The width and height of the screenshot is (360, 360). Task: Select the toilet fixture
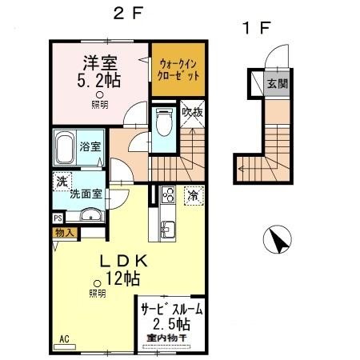pos(165,123)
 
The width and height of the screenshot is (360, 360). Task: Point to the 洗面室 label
pos(84,193)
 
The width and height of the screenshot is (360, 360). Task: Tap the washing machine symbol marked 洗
pos(62,182)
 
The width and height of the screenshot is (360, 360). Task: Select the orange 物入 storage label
pos(65,233)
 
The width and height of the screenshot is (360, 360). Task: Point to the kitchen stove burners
pos(168,194)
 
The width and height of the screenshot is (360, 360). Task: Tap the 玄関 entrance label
pos(275,84)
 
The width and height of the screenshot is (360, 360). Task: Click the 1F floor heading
pos(257,27)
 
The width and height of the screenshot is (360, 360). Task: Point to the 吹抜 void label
pos(192,112)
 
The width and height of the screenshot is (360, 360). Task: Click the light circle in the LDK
pos(98,282)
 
